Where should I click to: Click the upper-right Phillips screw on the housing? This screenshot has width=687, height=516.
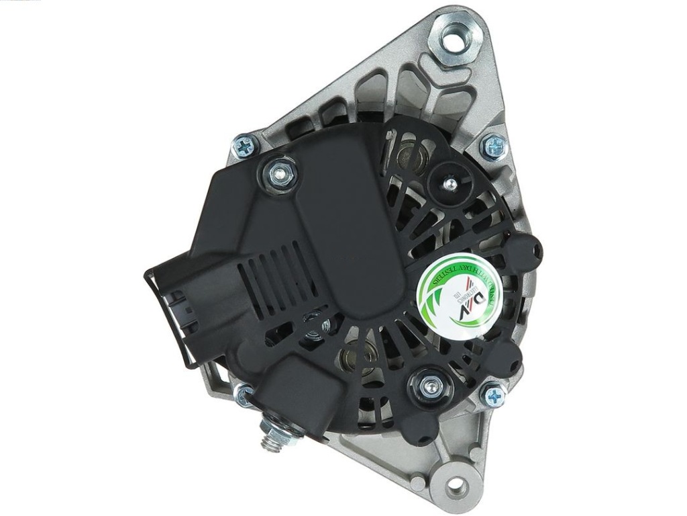[x=494, y=146]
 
